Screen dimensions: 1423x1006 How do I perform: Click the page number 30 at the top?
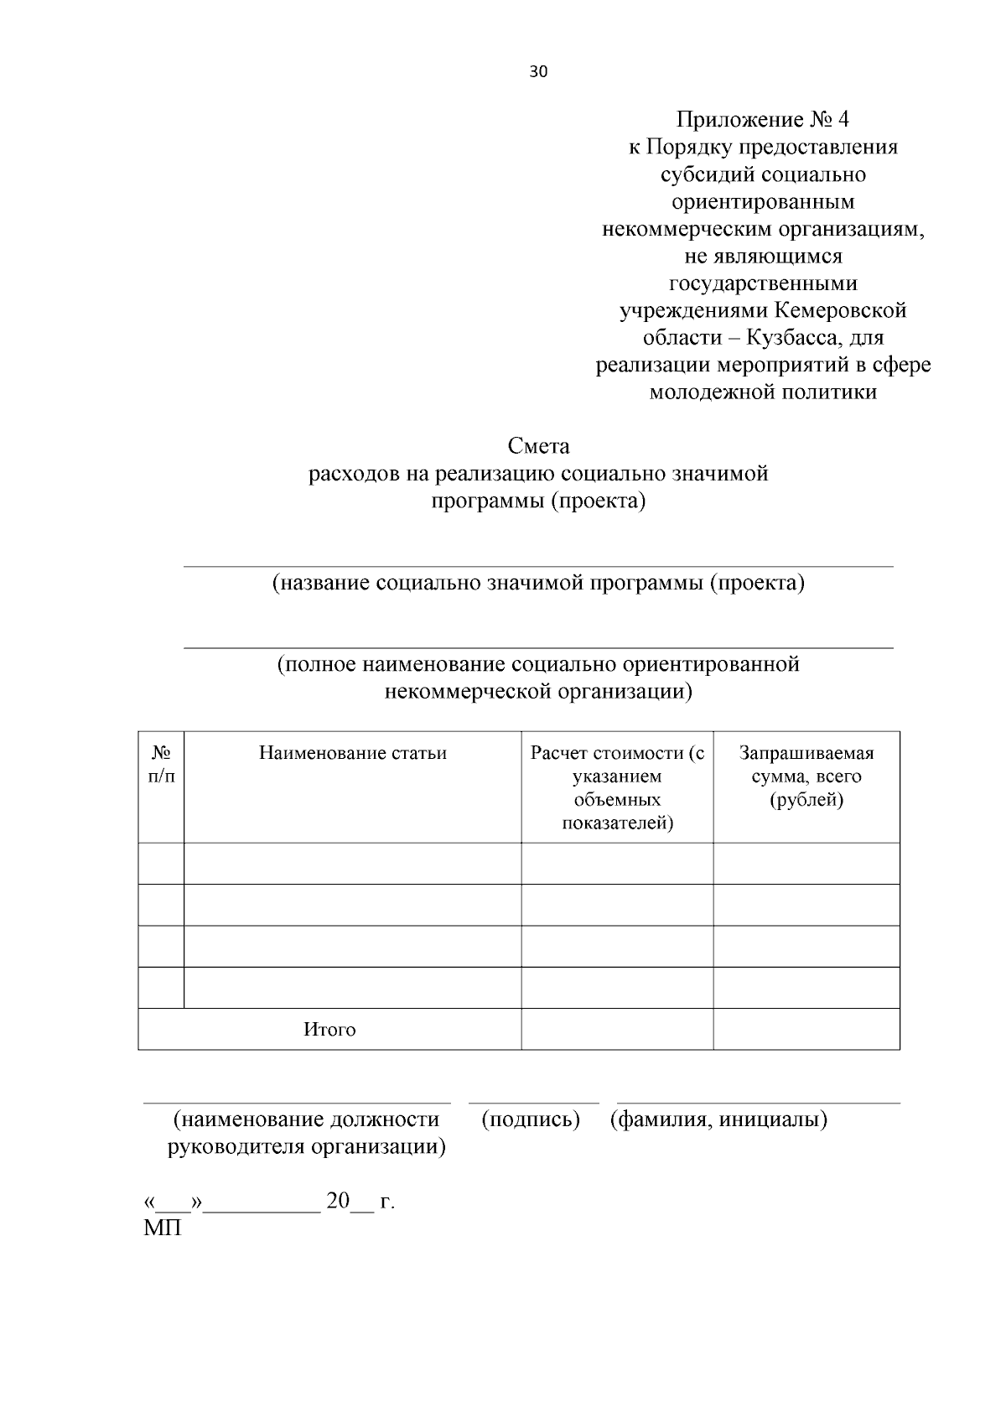[538, 72]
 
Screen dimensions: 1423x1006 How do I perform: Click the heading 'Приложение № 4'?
[762, 120]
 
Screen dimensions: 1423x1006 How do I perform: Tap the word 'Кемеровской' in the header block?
[840, 311]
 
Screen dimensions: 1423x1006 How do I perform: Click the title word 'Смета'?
[538, 446]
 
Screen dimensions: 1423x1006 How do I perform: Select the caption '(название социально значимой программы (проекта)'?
[538, 583]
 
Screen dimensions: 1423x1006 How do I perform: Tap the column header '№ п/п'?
[161, 765]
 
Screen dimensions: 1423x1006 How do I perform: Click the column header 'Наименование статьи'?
[352, 753]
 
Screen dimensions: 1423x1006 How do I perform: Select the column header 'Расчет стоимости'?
[617, 753]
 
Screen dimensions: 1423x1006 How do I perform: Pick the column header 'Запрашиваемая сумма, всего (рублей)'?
[806, 776]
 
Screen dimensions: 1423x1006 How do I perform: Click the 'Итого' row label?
[329, 1030]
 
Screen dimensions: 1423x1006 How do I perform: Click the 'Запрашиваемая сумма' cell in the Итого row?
[806, 1029]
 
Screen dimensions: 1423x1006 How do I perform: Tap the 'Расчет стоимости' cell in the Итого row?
[617, 1029]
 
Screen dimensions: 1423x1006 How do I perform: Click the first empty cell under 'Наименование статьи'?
[352, 864]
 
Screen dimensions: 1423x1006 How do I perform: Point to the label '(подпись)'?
[531, 1119]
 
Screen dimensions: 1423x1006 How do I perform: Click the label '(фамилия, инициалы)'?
[718, 1119]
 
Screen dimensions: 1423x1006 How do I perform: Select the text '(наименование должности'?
[306, 1119]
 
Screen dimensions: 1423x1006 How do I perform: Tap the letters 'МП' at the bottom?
[163, 1228]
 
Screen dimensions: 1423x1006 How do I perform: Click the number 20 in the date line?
[338, 1201]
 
